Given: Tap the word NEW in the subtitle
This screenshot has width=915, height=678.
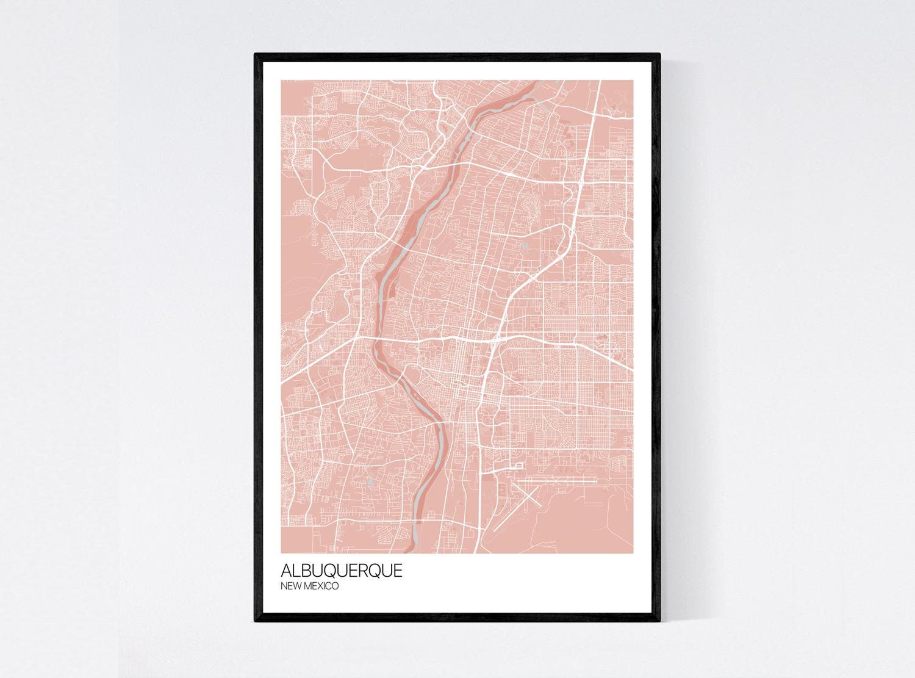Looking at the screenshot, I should [x=290, y=586].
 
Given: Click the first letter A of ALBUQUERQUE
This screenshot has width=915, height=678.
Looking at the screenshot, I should [x=285, y=571].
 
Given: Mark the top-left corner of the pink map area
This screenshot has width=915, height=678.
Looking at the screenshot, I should [x=281, y=80].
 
